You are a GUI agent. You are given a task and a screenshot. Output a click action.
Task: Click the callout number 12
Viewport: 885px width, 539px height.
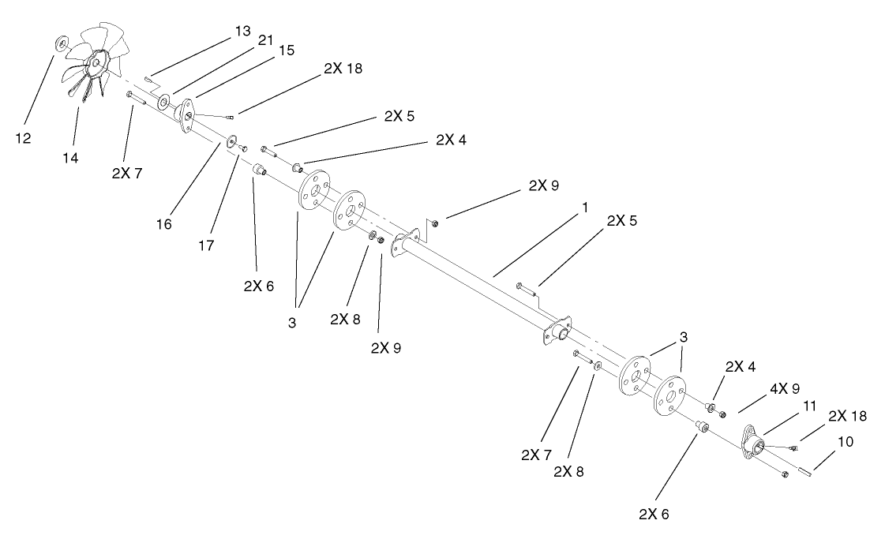[x=24, y=137]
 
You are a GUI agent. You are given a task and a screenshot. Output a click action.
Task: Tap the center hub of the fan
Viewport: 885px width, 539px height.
[x=97, y=62]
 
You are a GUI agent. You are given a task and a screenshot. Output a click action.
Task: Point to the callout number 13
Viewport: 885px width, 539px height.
[x=242, y=31]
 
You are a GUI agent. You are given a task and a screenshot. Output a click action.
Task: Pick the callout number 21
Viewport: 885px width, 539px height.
[x=265, y=39]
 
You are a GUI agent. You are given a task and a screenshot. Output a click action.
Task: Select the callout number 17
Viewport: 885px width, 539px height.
[x=207, y=246]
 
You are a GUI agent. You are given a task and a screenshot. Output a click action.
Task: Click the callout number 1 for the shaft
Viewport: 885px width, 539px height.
[x=584, y=207]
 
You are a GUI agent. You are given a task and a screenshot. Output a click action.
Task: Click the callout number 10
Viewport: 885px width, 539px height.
[x=845, y=443]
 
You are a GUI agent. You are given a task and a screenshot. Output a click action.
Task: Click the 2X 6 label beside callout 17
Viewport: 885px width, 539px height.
[x=258, y=285]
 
